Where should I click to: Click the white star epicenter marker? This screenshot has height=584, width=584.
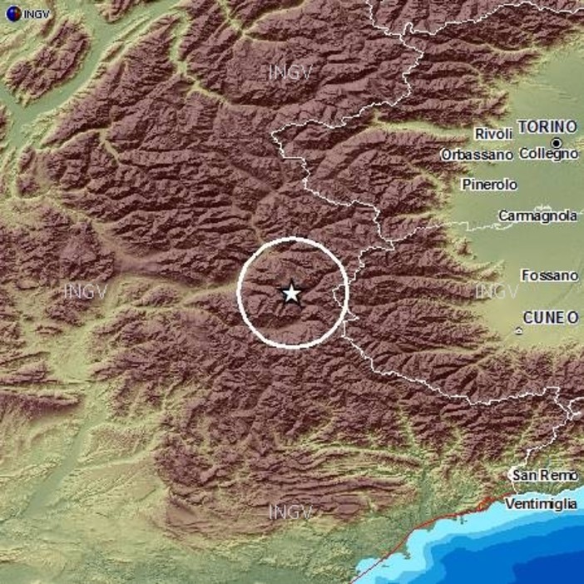[291, 293]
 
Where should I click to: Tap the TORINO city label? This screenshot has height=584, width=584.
[547, 126]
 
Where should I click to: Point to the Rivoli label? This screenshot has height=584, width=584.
[492, 134]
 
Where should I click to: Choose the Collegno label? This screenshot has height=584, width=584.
[548, 154]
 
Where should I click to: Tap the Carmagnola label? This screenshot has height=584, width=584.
[537, 215]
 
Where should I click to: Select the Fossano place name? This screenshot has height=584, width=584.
[548, 275]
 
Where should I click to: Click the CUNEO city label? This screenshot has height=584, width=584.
[550, 317]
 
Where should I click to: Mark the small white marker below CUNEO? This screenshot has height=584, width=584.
[518, 331]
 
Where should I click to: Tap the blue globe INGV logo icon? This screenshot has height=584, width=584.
[11, 13]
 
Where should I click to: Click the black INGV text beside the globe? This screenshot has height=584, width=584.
[37, 13]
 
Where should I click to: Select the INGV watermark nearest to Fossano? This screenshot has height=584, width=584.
[497, 291]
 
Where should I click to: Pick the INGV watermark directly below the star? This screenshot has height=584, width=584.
[290, 512]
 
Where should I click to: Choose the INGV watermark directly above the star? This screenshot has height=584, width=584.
[290, 72]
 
